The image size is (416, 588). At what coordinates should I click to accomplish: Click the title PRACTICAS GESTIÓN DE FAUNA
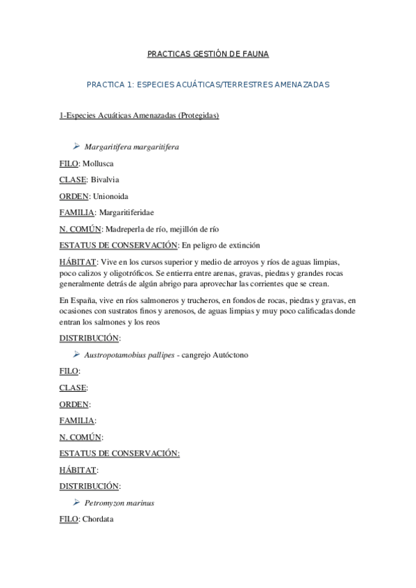[x=208, y=53]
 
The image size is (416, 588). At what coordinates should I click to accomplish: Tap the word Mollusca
[x=98, y=164]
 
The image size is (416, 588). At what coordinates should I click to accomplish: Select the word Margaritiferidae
[x=129, y=212]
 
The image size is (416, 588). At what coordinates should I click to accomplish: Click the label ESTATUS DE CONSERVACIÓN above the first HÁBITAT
[x=119, y=245]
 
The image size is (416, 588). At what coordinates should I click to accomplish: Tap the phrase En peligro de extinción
[x=221, y=245]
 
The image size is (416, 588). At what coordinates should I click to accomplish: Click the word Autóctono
[x=227, y=355]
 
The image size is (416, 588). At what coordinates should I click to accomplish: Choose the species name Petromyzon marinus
[x=119, y=503]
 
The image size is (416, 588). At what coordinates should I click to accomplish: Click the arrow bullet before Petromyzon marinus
[x=76, y=502]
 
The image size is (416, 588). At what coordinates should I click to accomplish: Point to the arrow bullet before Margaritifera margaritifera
[x=76, y=146]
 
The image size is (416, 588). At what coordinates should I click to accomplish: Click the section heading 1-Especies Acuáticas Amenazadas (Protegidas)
[x=140, y=115]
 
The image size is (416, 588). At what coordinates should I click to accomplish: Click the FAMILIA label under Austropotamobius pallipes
[x=77, y=420]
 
